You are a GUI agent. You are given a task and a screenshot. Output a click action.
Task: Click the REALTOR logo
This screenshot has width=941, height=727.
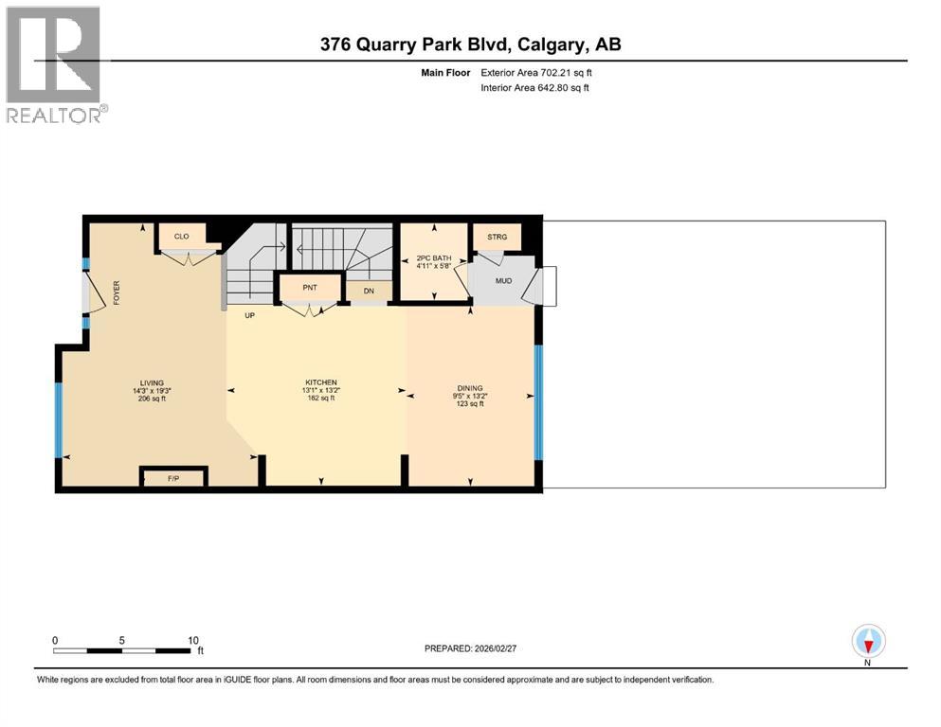coord(54,64)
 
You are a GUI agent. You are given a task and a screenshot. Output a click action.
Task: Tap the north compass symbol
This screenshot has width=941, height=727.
coord(869,642)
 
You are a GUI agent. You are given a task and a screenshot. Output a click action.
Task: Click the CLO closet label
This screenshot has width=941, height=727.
coord(182,237)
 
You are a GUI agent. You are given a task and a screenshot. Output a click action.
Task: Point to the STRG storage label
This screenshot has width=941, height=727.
coord(498,237)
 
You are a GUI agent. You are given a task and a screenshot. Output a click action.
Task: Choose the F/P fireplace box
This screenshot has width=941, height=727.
coord(173,479)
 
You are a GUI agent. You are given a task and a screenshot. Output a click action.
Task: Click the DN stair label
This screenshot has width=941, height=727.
coord(370,292)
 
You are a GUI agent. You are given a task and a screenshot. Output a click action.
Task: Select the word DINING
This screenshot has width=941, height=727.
coord(470,388)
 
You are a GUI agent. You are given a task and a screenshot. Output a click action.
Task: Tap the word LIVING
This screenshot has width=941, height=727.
coord(151,382)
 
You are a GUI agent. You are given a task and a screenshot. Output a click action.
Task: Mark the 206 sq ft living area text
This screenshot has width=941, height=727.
coord(151,399)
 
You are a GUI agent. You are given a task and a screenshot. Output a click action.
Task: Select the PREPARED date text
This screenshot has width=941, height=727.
coord(476,648)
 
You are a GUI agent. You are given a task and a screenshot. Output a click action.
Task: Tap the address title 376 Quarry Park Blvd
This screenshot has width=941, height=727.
coord(470,44)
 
